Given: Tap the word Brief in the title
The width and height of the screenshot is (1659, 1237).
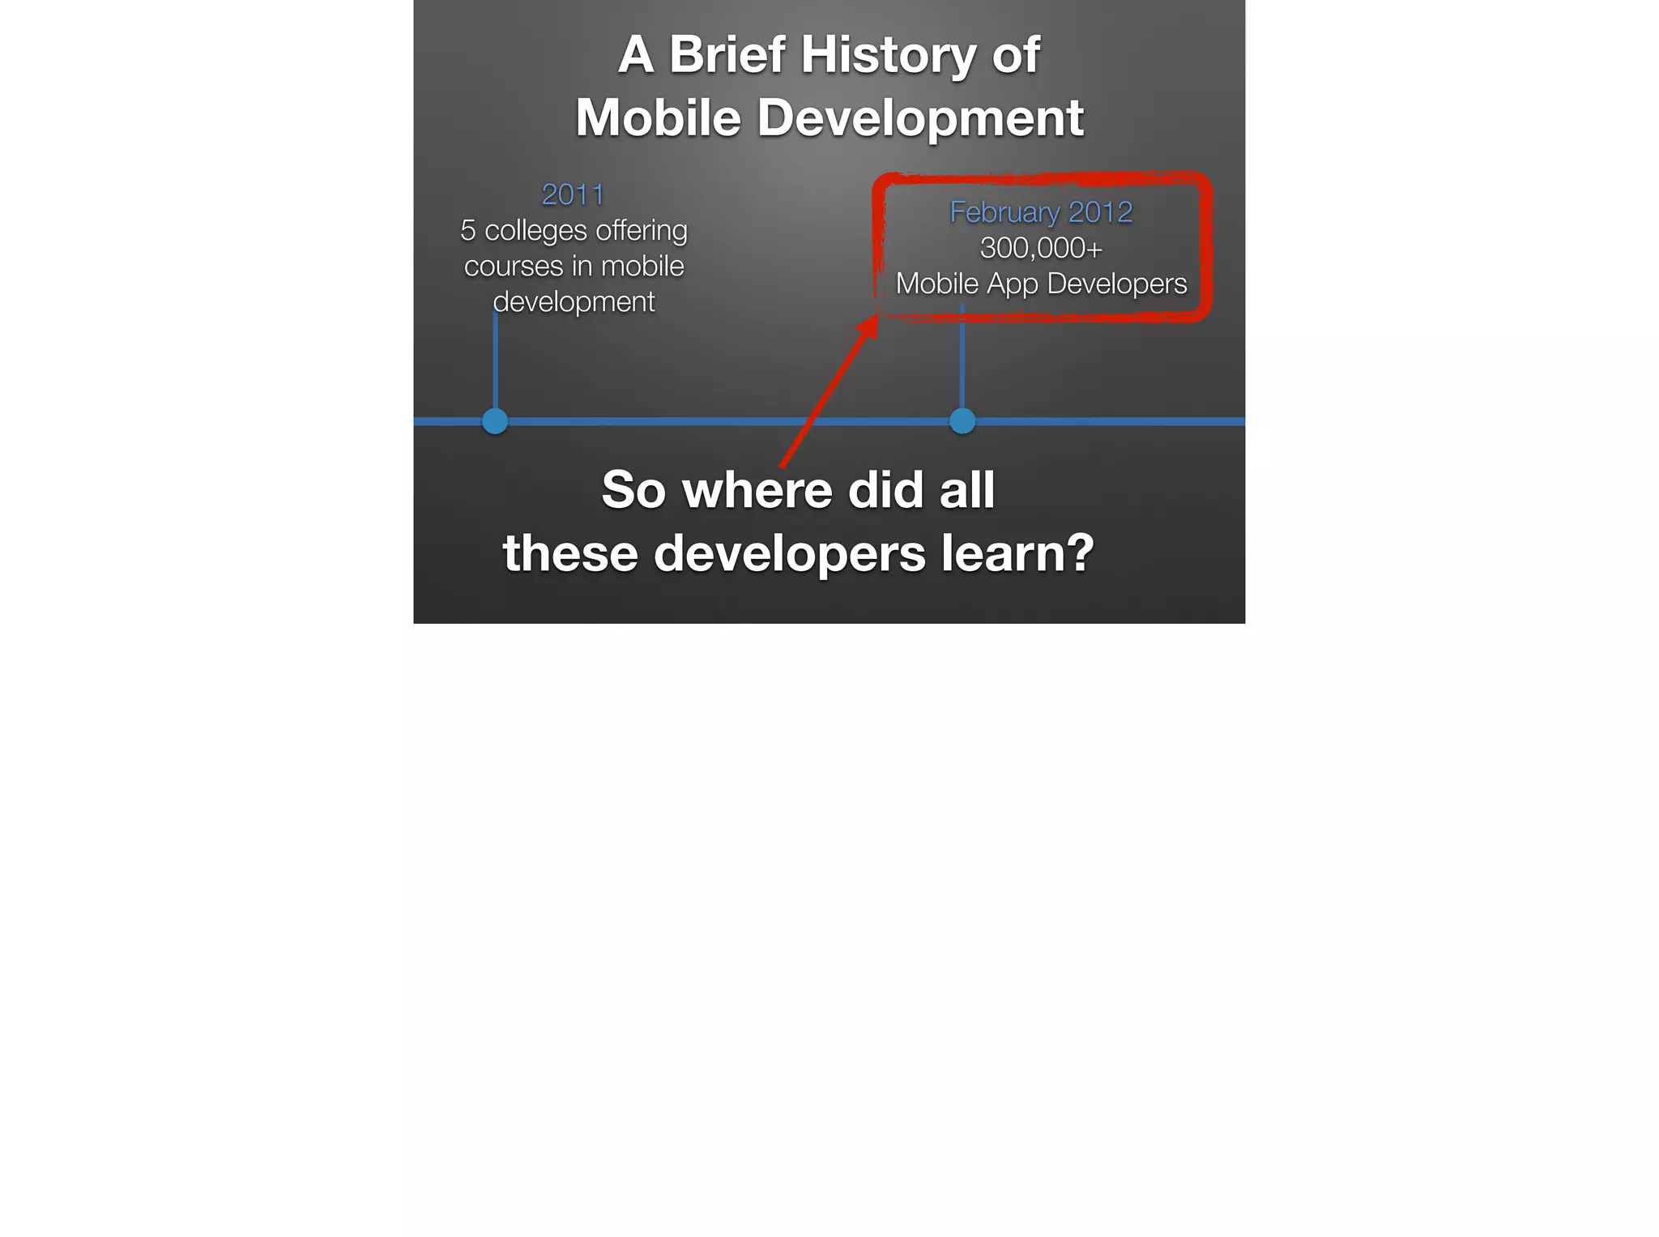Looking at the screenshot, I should click(727, 55).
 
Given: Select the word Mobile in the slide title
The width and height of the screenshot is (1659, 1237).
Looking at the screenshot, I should click(658, 118).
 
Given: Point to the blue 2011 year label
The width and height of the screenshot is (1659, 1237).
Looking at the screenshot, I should click(573, 194).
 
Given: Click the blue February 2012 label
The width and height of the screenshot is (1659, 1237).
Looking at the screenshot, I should click(1041, 212).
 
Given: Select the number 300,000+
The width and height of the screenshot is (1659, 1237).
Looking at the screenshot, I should click(1041, 248).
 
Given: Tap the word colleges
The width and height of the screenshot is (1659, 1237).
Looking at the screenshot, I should click(535, 231).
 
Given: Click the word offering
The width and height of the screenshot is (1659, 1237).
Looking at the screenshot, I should click(642, 231).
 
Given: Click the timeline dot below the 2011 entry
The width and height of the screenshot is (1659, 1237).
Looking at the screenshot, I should click(495, 421).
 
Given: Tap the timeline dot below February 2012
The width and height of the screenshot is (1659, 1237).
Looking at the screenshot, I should click(962, 421).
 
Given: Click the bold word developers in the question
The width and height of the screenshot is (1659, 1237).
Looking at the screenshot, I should click(789, 554).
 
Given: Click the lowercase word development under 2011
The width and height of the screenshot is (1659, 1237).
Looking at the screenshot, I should click(574, 302).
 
